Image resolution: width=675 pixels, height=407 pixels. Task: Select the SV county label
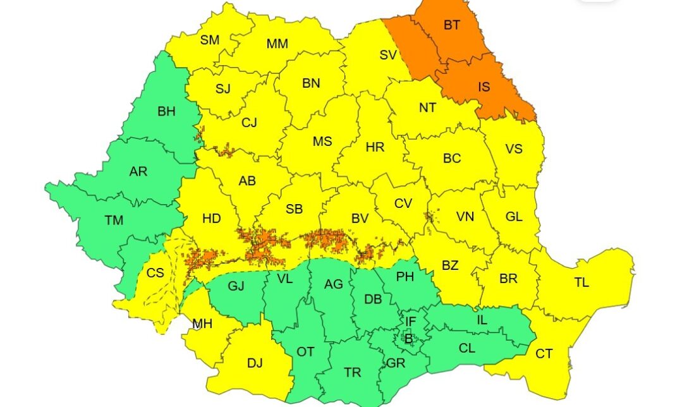tap(387, 55)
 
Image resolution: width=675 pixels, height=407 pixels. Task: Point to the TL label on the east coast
tap(581, 282)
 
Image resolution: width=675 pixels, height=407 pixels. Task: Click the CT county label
tap(544, 353)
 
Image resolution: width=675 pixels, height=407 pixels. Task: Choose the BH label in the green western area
tap(166, 112)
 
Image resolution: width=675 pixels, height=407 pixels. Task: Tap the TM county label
tap(114, 220)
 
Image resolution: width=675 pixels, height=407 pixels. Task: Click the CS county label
tap(155, 273)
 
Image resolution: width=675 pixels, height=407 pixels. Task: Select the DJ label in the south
tap(255, 363)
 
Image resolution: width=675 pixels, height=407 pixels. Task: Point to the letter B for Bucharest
tap(408, 340)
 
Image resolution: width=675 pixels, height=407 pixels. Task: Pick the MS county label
tap(322, 142)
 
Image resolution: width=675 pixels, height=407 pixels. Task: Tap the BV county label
tap(360, 219)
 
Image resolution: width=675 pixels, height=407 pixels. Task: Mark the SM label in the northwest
tap(210, 40)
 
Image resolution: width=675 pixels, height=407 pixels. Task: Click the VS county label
tap(513, 149)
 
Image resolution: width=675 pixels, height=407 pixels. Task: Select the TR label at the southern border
tap(353, 373)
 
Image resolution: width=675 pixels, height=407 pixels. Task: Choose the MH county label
tap(202, 324)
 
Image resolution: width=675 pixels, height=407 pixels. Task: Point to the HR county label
tap(375, 147)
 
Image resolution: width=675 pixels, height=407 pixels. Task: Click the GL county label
tap(514, 217)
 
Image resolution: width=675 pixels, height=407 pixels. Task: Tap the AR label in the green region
tap(138, 172)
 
